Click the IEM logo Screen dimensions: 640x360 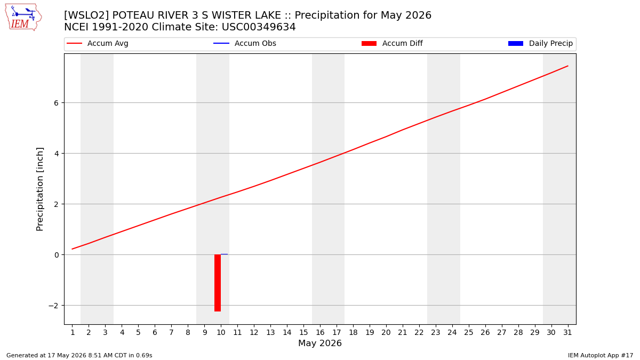point(23,17)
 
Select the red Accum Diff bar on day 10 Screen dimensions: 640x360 point(218,283)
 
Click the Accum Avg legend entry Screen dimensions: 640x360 point(97,43)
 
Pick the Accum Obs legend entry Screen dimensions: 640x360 point(245,43)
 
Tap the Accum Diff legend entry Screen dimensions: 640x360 point(392,43)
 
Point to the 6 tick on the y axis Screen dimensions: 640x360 point(56,103)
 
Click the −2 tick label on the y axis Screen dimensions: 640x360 point(53,306)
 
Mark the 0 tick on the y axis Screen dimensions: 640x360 point(57,255)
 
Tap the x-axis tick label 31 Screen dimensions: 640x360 point(567,332)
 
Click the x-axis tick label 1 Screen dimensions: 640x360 point(73,332)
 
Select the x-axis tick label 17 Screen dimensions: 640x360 point(337,332)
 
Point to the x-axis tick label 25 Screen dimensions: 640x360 point(469,332)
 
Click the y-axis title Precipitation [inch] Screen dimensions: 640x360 point(39,189)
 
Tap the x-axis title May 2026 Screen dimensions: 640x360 point(320,343)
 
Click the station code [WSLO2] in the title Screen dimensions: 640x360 point(86,15)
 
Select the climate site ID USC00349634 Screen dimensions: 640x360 point(259,27)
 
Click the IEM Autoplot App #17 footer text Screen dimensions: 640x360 point(601,355)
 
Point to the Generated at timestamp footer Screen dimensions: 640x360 point(79,355)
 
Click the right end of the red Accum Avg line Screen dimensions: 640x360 point(567,66)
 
